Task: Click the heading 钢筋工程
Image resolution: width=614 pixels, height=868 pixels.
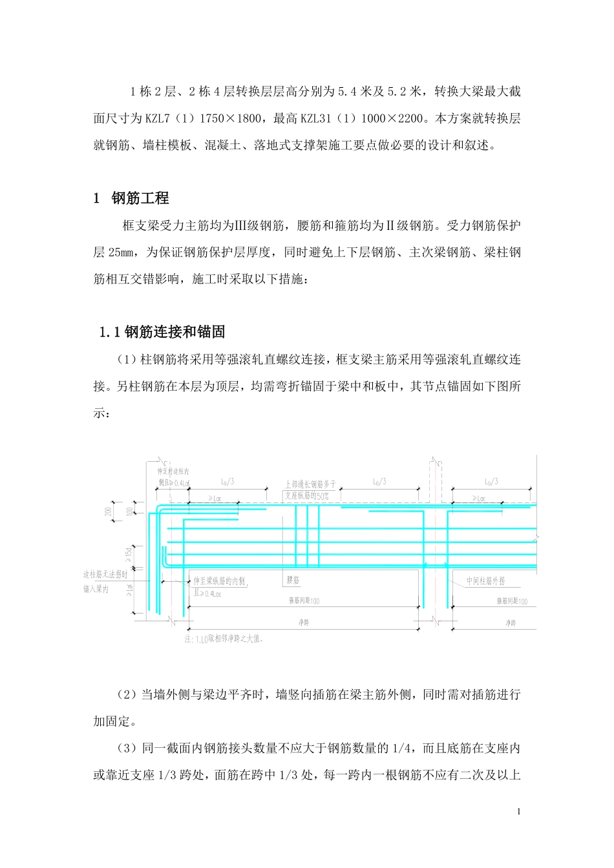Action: pos(140,198)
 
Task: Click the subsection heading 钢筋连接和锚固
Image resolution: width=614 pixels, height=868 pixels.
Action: pos(175,333)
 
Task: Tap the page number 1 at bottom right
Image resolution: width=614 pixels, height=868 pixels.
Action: pos(518,812)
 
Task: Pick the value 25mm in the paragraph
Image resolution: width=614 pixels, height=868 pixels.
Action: pos(120,253)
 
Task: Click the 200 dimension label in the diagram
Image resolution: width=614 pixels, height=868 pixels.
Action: pos(109,511)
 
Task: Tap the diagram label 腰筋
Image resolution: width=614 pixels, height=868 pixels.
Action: pos(293,581)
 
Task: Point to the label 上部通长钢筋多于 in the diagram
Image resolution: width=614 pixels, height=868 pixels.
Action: pos(310,484)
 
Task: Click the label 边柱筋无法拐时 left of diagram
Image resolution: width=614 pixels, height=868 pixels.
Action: pos(105,574)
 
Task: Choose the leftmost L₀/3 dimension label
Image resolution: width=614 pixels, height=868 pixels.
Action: pos(228,482)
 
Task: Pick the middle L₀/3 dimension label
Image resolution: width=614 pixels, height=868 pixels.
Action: pos(379,482)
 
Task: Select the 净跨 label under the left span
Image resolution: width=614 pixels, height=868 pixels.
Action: pos(303,623)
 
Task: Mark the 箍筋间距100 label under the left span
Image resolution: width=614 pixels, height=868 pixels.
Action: pos(304,601)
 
